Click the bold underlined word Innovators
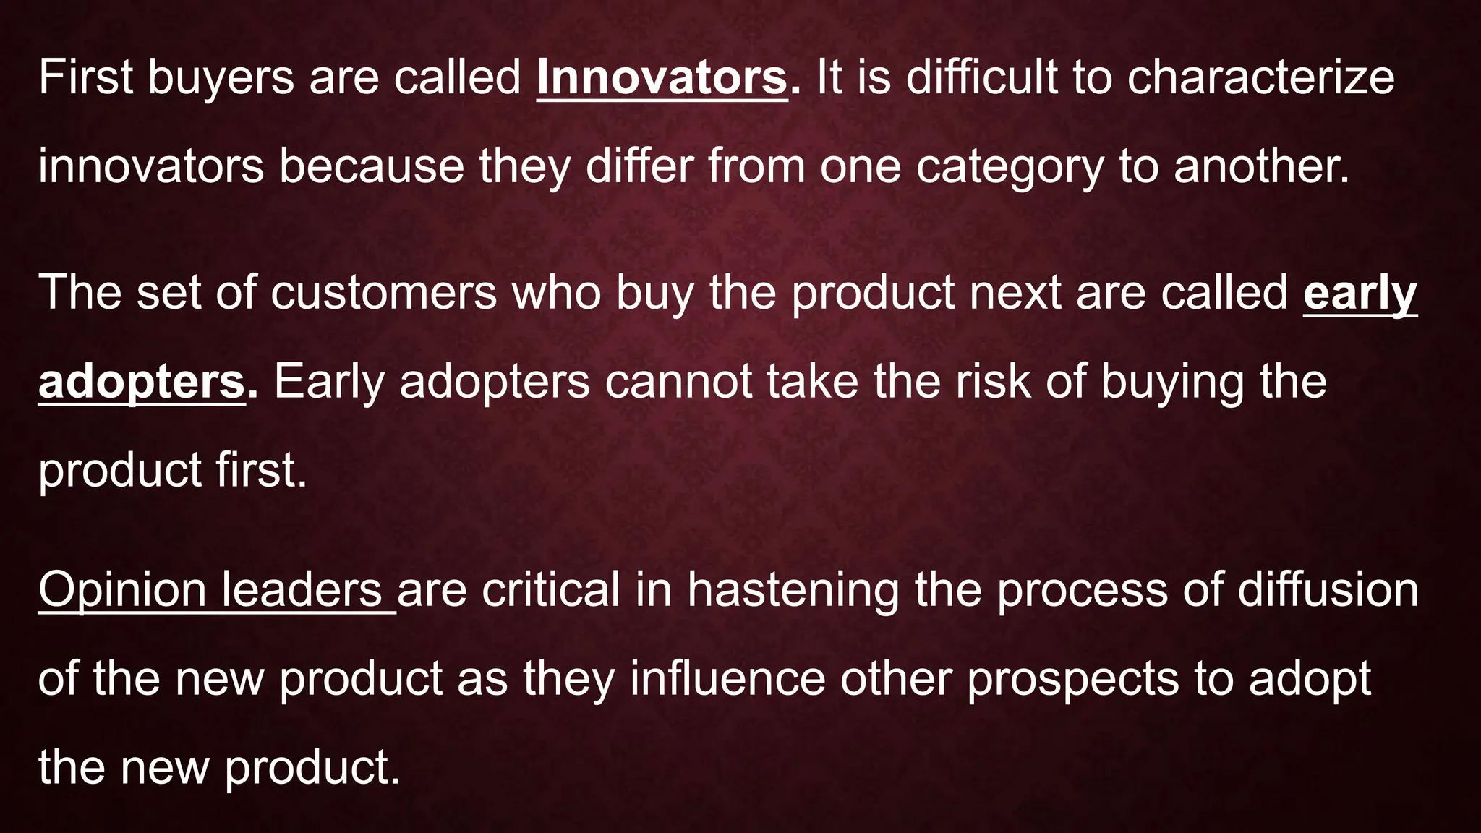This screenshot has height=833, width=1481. [661, 78]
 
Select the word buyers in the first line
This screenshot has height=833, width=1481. [221, 78]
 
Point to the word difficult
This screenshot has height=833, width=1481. [981, 78]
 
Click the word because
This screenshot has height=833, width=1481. [371, 166]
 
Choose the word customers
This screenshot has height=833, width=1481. [383, 293]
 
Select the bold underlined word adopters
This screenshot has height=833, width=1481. [142, 383]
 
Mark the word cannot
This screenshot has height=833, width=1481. [678, 381]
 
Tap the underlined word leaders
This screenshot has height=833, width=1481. [302, 589]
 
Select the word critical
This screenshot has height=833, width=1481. [551, 589]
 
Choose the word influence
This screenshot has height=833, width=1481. [727, 679]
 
